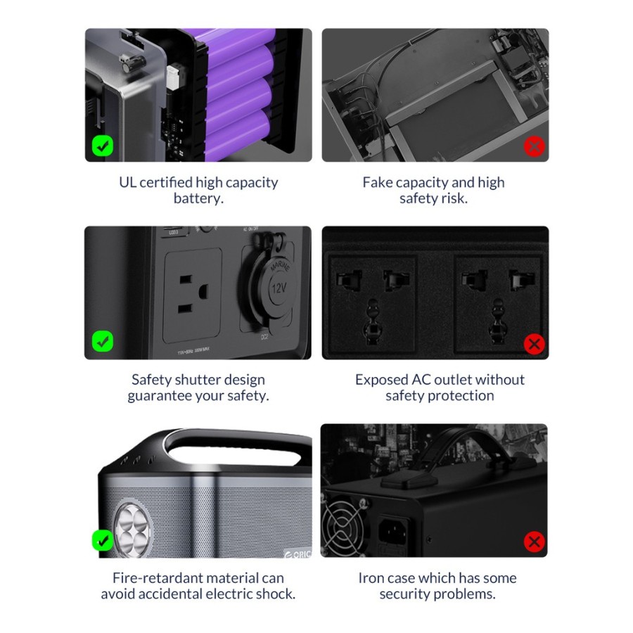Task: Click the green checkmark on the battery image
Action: pos(103,146)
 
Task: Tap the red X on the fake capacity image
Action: pos(534,146)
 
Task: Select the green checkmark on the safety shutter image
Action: pos(103,341)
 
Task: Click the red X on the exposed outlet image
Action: pos(534,344)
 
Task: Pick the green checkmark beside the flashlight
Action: pos(103,540)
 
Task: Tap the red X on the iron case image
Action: pos(534,542)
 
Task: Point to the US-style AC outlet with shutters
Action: pos(193,295)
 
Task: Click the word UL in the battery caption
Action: pos(127,182)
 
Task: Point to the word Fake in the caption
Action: pos(377,182)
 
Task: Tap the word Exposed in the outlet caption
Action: pos(381,381)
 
